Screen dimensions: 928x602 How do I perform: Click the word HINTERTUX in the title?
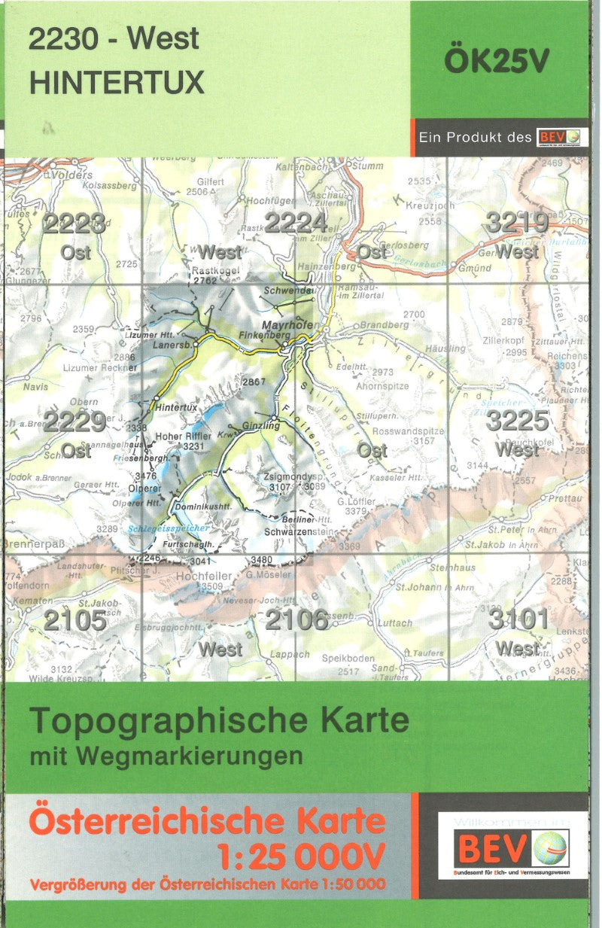tap(117, 82)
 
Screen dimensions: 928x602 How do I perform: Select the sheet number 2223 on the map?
tap(74, 224)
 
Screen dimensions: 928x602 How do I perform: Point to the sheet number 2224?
tap(296, 223)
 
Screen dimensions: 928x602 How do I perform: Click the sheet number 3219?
tap(516, 223)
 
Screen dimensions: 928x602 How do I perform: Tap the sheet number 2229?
tap(74, 421)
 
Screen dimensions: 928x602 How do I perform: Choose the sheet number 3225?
tap(516, 420)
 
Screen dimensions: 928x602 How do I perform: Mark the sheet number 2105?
tap(74, 620)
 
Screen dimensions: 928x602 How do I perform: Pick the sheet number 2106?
tap(296, 619)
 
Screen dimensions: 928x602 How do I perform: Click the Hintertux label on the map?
tap(175, 407)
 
